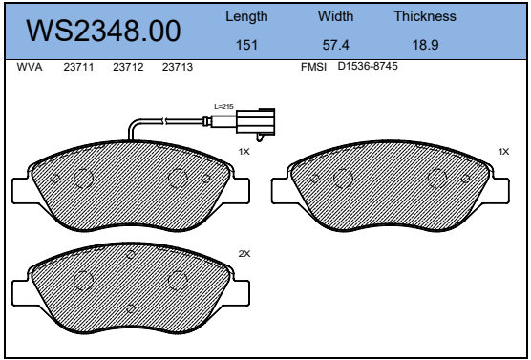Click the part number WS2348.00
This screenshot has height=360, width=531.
[103, 31]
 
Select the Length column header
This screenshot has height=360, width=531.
[246, 16]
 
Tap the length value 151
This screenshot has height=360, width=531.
[246, 45]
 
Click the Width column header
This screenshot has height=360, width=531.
[335, 16]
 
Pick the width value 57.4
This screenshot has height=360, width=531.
[335, 45]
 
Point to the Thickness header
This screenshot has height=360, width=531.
[425, 16]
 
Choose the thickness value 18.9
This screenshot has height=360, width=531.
[425, 45]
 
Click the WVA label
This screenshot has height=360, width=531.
[30, 67]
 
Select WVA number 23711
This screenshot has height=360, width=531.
[78, 67]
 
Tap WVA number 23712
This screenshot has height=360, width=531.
[128, 67]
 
